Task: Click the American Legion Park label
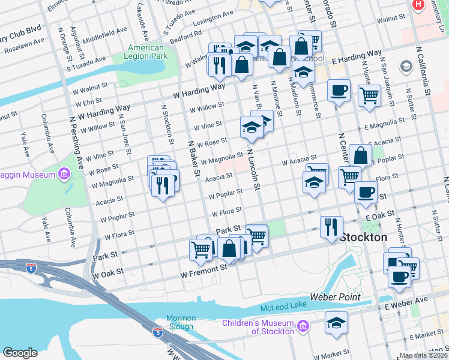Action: point(146,52)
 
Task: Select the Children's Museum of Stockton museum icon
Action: point(303,327)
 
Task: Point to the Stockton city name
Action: point(363,238)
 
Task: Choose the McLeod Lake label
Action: point(283,307)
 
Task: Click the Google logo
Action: point(20,352)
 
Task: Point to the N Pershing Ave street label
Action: point(77,141)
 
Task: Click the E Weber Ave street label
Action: point(411,299)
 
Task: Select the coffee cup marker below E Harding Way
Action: point(339,91)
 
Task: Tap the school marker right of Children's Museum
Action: point(336,322)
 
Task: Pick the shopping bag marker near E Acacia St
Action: point(360,155)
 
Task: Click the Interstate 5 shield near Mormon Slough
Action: point(157,331)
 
